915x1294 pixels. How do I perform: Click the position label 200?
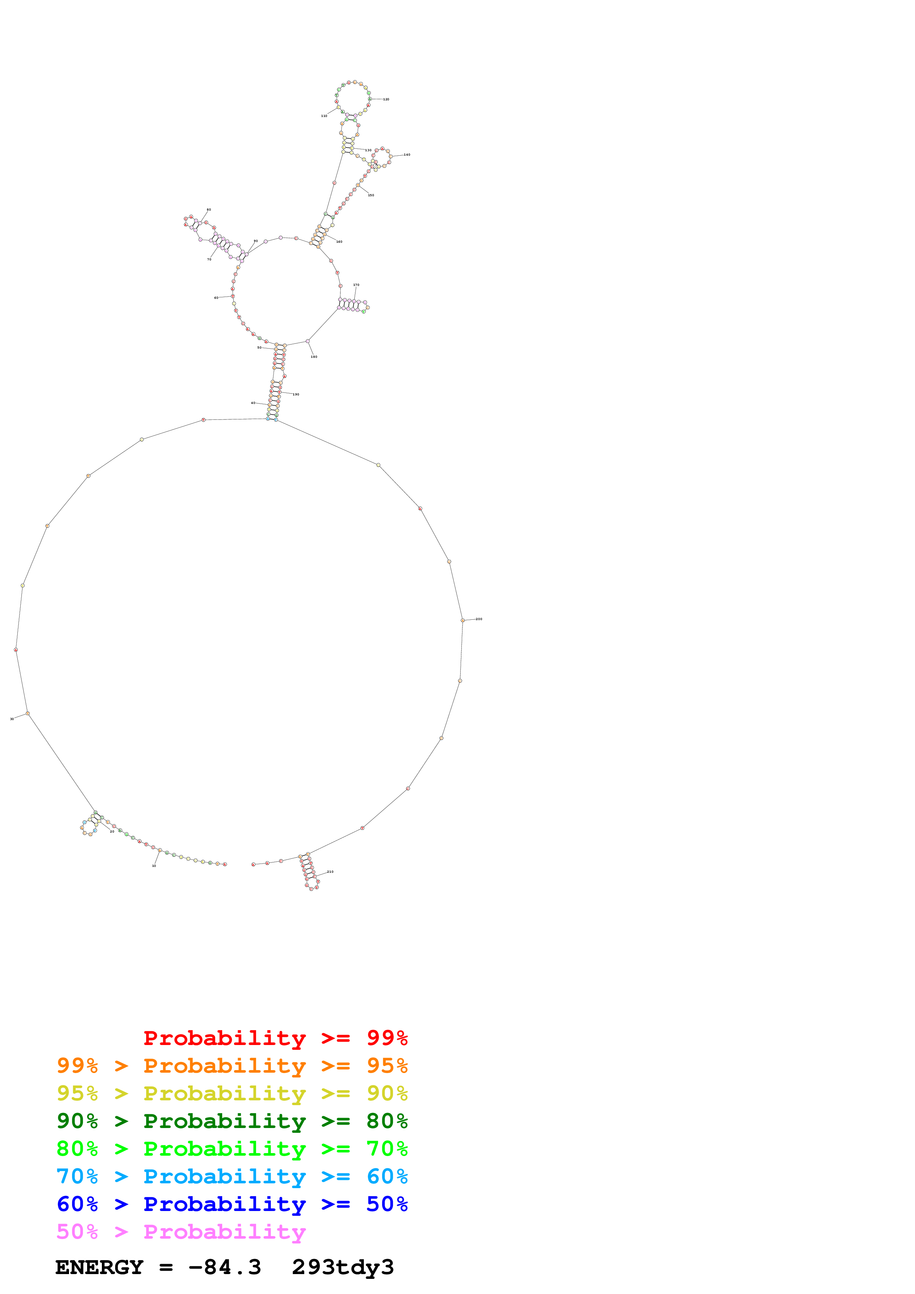(479, 619)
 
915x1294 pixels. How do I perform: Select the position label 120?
(386, 99)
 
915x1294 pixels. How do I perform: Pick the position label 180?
(314, 357)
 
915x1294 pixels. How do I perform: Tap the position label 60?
(216, 298)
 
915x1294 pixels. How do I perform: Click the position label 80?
(209, 210)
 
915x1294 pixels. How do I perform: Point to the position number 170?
(356, 285)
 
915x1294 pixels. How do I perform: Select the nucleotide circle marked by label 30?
(28, 713)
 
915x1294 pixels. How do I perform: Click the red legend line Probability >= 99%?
(275, 1038)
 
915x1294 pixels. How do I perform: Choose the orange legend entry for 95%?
(232, 1066)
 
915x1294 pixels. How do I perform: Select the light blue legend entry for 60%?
(232, 1176)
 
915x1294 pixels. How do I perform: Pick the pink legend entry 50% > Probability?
(181, 1231)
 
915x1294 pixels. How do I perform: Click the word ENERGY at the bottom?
(99, 1267)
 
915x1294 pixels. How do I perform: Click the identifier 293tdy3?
(343, 1267)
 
